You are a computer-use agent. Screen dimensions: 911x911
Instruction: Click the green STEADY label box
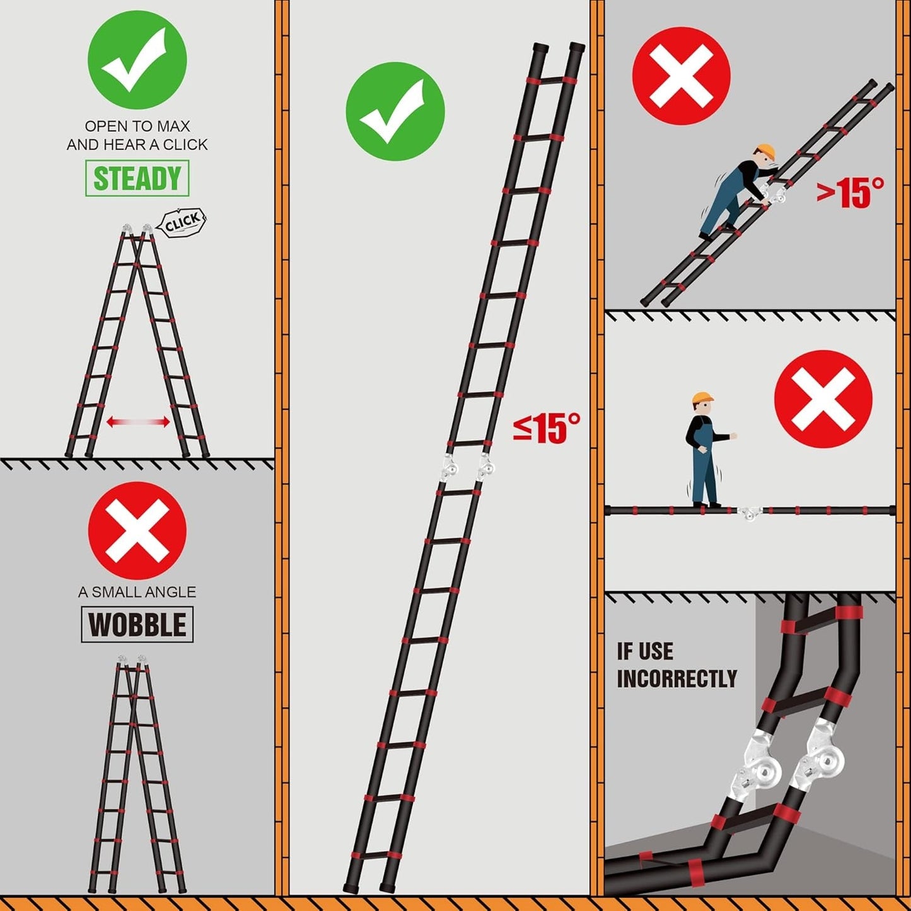click(137, 178)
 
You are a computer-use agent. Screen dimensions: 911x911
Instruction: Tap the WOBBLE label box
click(137, 625)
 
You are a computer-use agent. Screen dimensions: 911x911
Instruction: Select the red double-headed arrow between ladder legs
click(138, 422)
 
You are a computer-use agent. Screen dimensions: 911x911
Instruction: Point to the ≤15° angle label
click(547, 428)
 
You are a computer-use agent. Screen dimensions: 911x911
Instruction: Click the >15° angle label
click(850, 193)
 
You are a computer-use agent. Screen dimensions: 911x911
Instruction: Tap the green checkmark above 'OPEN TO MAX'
click(137, 60)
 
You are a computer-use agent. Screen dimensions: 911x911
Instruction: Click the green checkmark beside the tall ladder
click(395, 111)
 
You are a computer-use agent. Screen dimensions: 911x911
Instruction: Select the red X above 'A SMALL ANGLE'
click(137, 530)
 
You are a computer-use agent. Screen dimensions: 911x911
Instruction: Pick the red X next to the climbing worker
click(682, 76)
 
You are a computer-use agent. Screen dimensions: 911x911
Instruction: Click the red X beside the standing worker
click(823, 399)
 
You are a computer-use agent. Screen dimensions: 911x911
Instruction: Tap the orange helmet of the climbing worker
click(765, 152)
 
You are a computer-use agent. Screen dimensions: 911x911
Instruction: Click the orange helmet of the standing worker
click(702, 398)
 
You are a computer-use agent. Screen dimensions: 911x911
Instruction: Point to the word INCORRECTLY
click(677, 678)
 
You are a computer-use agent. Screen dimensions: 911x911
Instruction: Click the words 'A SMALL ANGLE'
click(137, 592)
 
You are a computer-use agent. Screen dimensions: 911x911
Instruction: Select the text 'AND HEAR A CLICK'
click(137, 144)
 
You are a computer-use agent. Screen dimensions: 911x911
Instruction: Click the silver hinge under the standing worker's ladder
click(750, 512)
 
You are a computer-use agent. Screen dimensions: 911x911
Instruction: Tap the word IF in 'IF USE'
click(624, 651)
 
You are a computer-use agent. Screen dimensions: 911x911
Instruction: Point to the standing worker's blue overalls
click(703, 461)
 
